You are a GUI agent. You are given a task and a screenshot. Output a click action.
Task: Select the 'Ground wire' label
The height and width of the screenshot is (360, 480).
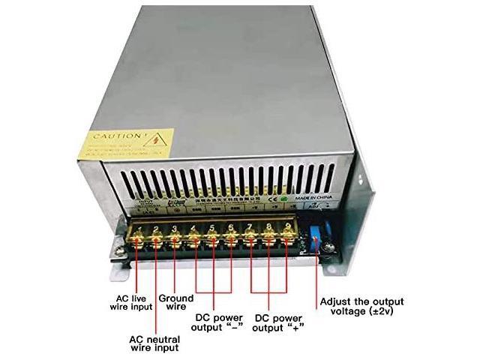coord(176,302)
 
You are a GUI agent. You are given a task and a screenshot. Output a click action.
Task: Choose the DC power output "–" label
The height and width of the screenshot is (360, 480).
coord(214,322)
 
